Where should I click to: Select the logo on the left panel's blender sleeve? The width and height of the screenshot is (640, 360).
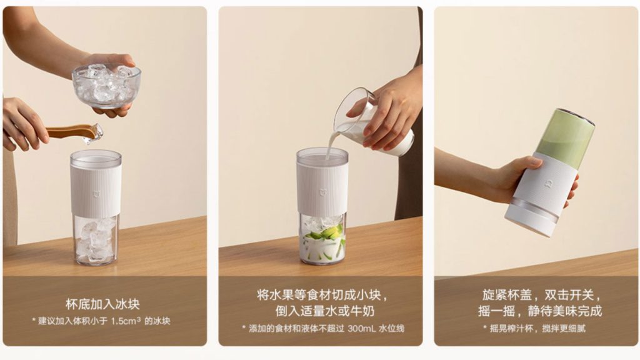point(96,194)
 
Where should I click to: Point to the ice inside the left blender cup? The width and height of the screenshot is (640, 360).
point(96,240)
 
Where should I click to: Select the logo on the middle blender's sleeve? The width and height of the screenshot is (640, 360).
point(322,192)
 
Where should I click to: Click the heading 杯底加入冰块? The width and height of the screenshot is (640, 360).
point(102,304)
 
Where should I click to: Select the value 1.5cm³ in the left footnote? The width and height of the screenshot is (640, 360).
point(126,321)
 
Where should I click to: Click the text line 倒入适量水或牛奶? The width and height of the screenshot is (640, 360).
point(324,311)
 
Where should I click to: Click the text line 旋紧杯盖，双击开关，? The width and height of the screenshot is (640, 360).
point(542,295)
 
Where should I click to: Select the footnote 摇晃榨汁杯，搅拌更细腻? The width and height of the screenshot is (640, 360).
point(537,328)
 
